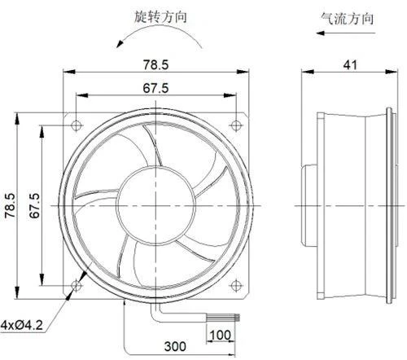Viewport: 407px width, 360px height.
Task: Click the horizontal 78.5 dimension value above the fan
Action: [x=155, y=64]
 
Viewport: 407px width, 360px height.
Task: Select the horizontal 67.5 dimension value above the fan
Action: [x=155, y=88]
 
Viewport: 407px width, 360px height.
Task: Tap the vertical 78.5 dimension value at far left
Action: [x=11, y=205]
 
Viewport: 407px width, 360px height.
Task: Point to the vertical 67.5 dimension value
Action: [x=34, y=205]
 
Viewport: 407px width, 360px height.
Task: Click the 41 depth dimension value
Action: [x=350, y=65]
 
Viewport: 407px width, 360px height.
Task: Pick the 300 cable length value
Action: [x=175, y=346]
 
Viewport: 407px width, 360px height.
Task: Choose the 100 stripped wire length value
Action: [x=221, y=335]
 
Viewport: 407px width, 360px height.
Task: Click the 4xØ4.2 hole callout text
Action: [x=22, y=325]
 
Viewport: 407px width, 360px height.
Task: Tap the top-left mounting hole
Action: [x=77, y=125]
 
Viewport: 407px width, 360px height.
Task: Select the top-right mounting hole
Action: [x=236, y=125]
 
